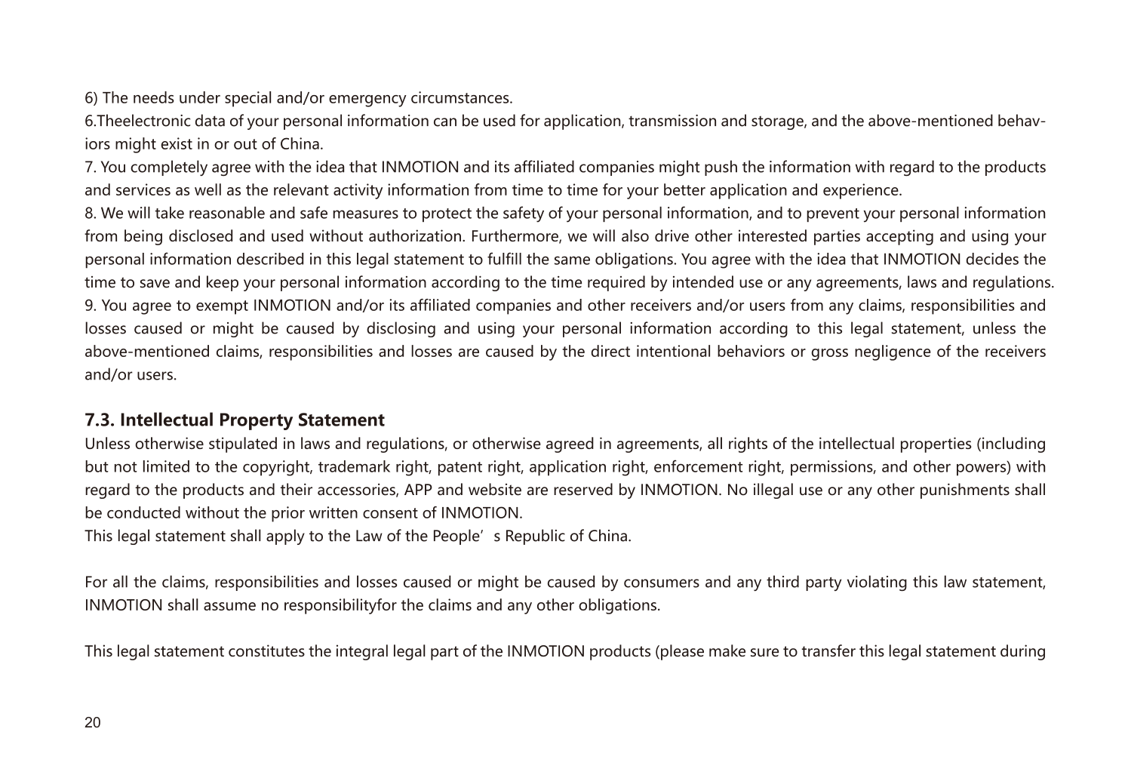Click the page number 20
[x=92, y=722]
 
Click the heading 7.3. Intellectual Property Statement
[x=234, y=420]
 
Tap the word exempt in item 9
[x=220, y=306]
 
